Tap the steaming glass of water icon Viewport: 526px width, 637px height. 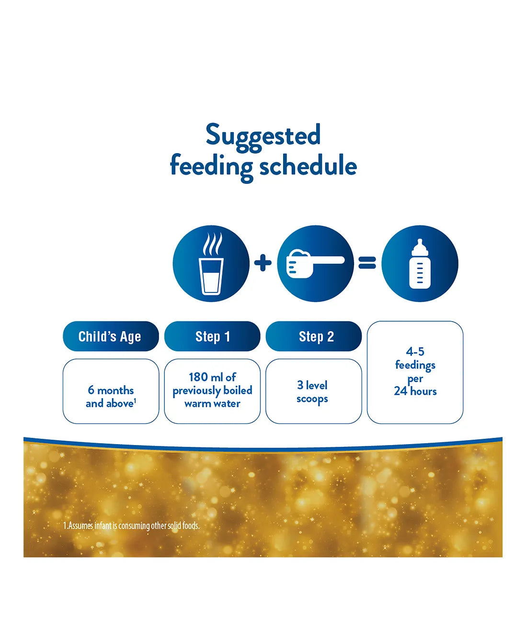211,264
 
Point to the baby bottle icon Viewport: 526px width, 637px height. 420,264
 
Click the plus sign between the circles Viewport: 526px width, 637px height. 263,263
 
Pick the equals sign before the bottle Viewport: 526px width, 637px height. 367,263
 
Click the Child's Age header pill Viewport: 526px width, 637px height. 111,336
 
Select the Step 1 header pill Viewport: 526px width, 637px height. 212,336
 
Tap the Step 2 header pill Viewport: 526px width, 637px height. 314,336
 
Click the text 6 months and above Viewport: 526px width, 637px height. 111,397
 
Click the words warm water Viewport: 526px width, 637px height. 212,403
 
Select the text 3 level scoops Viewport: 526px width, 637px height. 312,392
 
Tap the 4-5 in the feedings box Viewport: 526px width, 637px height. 415,351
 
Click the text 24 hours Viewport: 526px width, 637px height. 415,391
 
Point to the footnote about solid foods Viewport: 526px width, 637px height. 131,526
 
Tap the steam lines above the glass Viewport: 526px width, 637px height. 213,244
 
